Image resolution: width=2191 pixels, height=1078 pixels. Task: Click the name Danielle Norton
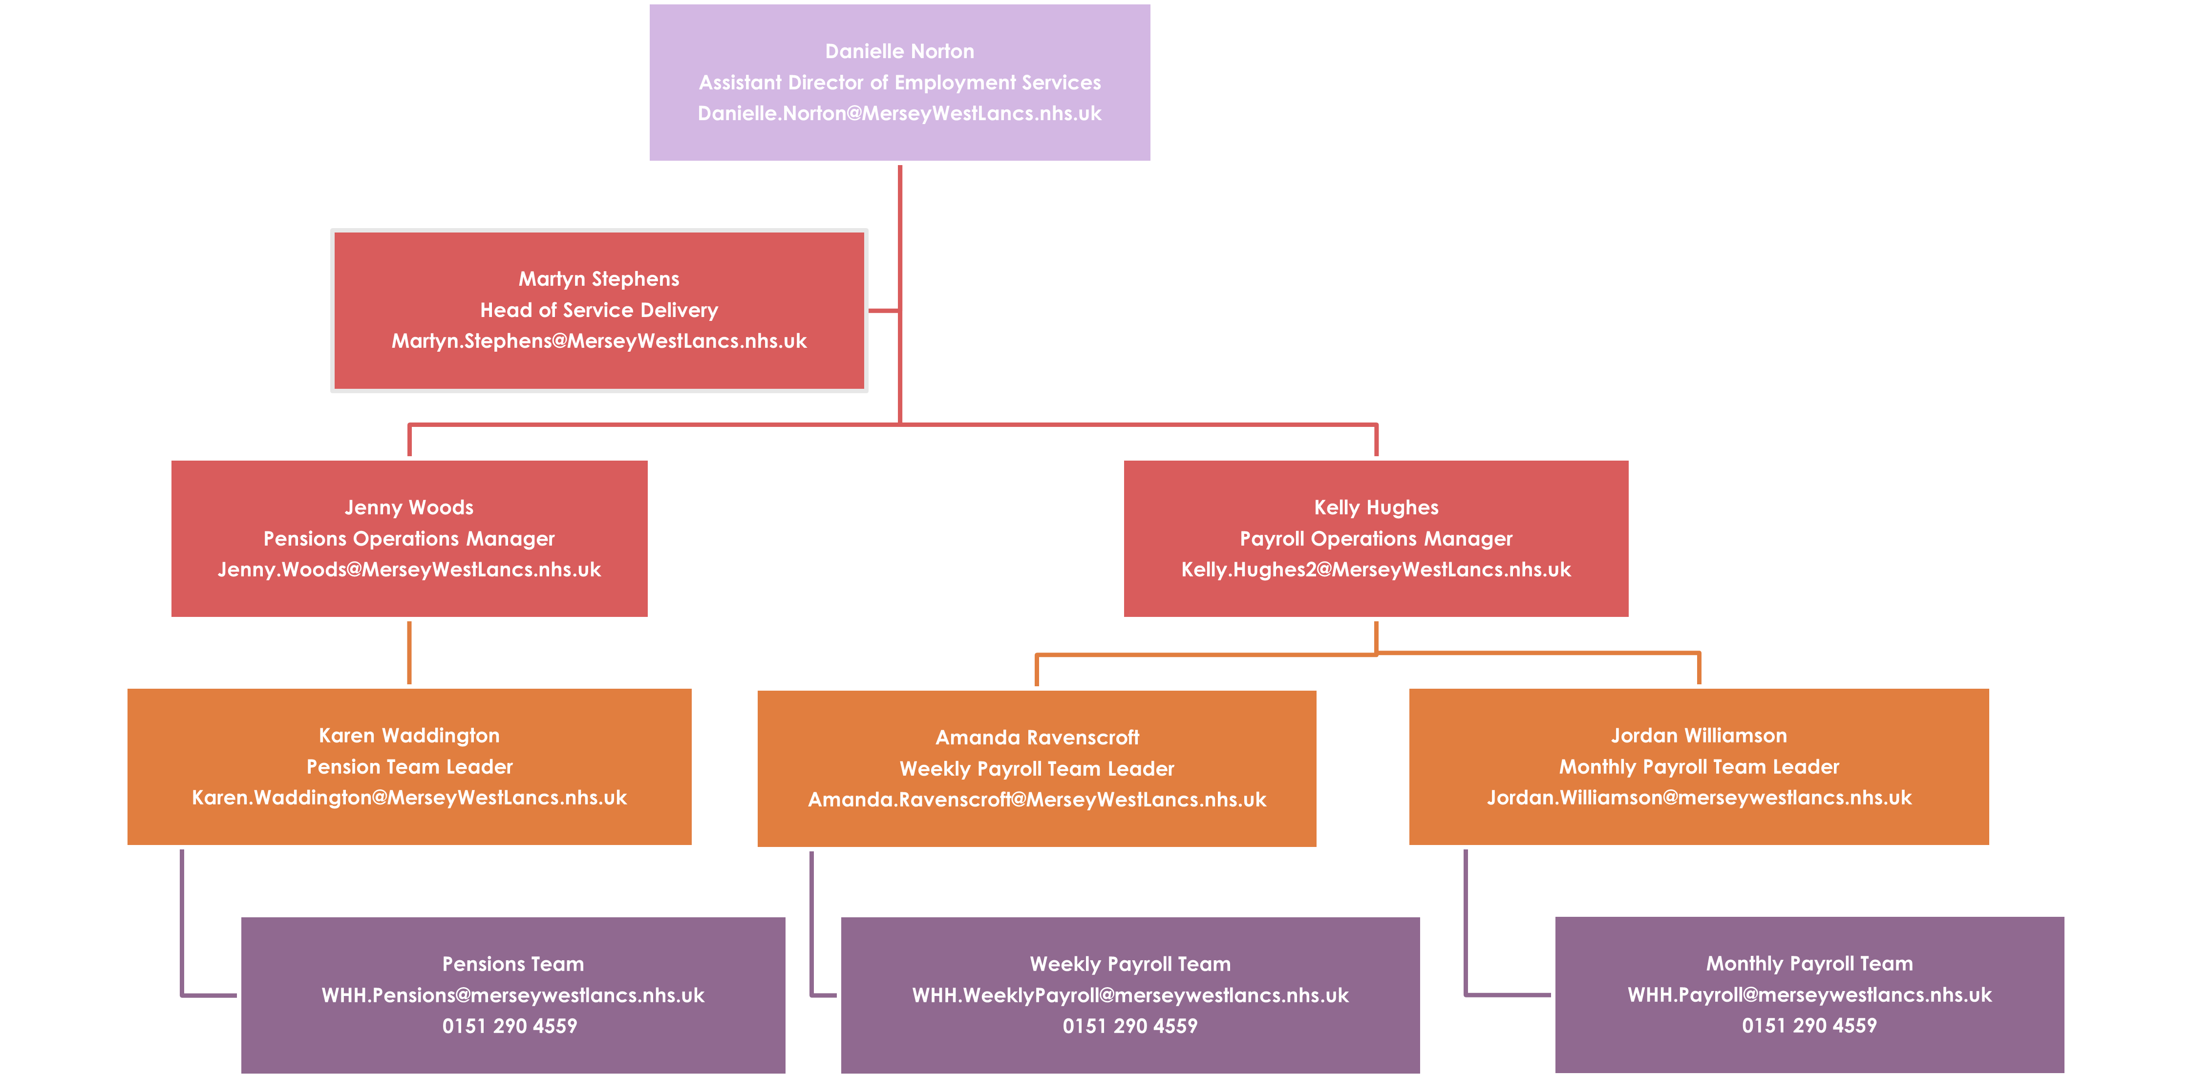899,52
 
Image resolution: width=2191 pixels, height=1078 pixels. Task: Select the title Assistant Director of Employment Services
899,83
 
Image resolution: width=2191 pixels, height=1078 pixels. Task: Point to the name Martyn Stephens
599,279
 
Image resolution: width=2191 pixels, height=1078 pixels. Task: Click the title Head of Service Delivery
599,310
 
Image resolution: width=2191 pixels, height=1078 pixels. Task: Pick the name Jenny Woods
409,507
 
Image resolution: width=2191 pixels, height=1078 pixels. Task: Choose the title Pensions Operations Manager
409,539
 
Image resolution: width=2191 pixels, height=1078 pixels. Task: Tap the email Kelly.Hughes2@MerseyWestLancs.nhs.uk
1375,570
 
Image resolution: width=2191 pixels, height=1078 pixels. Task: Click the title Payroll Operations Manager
1375,539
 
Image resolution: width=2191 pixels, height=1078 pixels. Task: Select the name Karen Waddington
409,736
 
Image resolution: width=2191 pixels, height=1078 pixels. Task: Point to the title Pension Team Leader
409,767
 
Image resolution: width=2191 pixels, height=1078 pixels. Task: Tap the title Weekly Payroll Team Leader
1037,768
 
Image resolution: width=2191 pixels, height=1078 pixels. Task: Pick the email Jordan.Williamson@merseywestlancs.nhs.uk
1699,798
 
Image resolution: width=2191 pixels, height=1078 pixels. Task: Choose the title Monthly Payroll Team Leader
1699,767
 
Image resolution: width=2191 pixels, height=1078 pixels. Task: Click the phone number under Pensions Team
510,1026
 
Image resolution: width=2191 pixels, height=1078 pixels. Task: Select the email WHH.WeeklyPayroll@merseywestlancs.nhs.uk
1129,995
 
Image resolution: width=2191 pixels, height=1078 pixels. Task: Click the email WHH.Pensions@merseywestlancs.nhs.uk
513,995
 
